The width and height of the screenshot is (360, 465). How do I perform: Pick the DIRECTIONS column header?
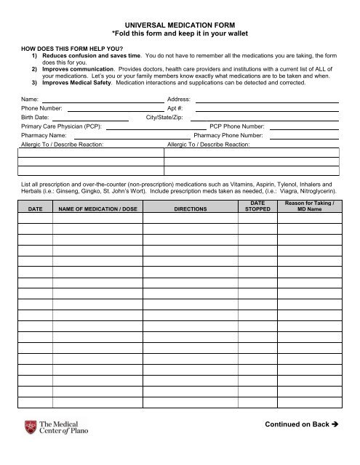(x=191, y=209)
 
